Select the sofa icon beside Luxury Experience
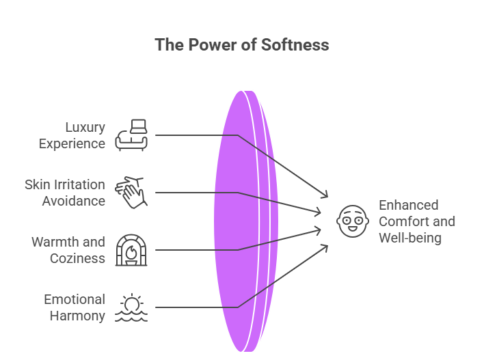(x=132, y=135)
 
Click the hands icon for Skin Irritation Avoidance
(x=130, y=192)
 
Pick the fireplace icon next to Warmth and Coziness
(x=131, y=249)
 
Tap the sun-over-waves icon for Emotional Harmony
(x=131, y=307)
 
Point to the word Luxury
(x=85, y=127)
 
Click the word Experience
(x=72, y=143)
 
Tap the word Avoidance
(x=73, y=201)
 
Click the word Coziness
(x=77, y=258)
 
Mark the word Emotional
(x=75, y=299)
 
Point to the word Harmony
(x=77, y=316)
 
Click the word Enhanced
(x=408, y=205)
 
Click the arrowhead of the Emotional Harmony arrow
(x=325, y=246)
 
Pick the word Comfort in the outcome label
(x=404, y=221)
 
